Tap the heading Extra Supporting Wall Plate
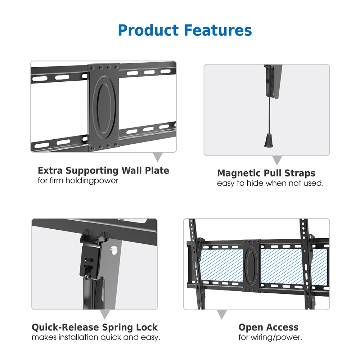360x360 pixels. point(103,170)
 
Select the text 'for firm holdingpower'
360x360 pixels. point(78,181)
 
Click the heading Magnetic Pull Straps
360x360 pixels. point(266,173)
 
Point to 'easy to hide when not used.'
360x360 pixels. point(270,184)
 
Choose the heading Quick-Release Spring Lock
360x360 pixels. point(95,328)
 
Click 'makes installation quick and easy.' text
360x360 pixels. point(96,338)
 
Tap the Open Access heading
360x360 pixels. point(268,328)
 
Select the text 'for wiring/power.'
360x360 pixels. point(270,338)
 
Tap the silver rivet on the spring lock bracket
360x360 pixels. point(114,249)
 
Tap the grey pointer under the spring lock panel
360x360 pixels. point(105,315)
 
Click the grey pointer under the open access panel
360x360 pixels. point(222,314)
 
